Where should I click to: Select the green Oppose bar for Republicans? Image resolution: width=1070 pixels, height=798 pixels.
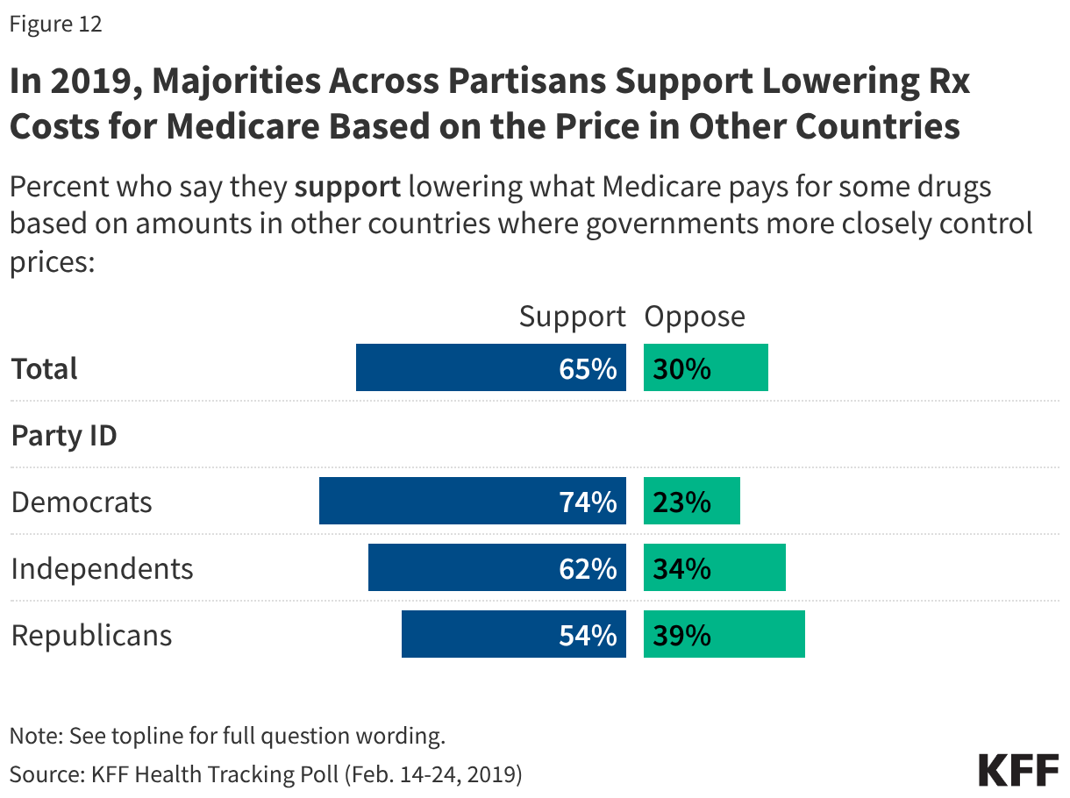[724, 635]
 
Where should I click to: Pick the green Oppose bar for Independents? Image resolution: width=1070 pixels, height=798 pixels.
[714, 568]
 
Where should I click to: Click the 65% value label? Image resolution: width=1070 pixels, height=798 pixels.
[588, 368]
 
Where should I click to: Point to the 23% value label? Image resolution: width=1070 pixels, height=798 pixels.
[681, 502]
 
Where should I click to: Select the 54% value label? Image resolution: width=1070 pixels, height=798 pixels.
[588, 635]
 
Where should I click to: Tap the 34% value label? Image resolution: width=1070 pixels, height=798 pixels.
[681, 569]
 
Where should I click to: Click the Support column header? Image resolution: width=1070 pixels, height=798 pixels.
[572, 317]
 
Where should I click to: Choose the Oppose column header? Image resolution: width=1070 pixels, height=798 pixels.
[695, 317]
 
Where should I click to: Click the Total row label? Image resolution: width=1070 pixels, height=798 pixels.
[45, 368]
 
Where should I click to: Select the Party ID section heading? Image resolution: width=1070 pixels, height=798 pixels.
[64, 435]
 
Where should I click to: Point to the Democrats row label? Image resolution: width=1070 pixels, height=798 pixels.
[82, 502]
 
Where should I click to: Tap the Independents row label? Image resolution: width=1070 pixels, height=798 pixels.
[102, 568]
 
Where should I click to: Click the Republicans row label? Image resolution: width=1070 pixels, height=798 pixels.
[91, 635]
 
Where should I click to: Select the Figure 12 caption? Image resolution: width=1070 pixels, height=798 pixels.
[55, 24]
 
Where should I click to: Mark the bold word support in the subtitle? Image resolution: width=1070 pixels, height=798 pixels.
[347, 187]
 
